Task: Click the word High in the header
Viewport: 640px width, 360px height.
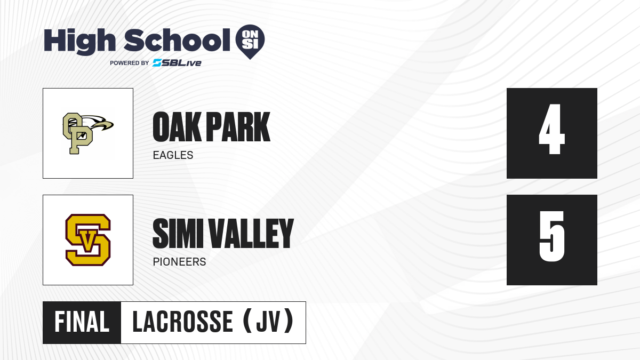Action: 79,42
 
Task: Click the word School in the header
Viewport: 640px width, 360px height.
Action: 177,40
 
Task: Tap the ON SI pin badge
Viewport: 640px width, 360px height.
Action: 250,42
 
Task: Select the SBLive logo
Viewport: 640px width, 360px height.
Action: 177,63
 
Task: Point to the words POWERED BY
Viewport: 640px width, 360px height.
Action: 130,63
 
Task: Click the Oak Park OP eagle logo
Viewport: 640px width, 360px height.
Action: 88,133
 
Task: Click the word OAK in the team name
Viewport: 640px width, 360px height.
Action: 177,127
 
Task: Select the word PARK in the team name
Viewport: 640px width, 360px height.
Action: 238,127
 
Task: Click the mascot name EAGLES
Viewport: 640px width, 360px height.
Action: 173,155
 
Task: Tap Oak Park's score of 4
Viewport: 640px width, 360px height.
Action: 551,129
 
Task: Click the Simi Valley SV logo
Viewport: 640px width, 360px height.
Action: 88,240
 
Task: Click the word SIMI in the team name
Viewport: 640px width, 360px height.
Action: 178,234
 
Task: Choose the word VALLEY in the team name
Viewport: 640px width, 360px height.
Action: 251,234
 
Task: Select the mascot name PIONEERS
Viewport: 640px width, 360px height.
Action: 179,262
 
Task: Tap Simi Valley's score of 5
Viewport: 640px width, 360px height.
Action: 551,236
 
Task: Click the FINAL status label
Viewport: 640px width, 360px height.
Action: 82,322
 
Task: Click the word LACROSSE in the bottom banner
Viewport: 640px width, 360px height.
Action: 182,322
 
